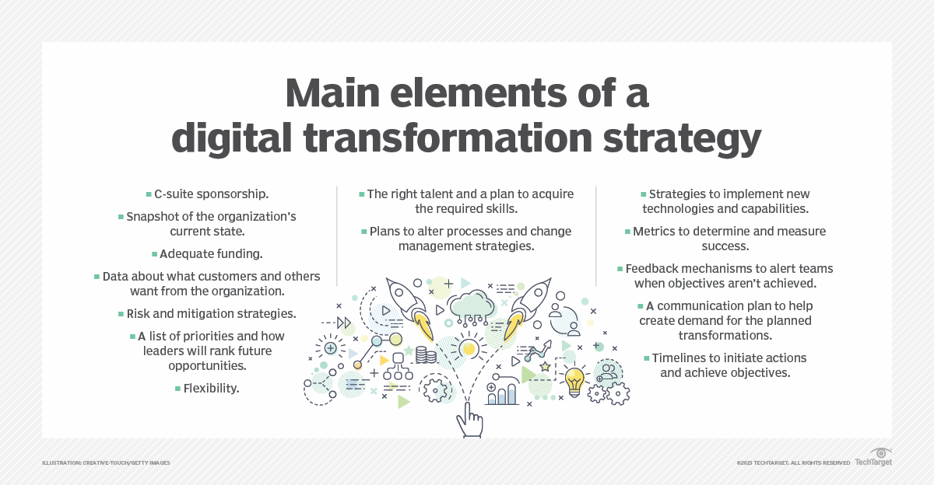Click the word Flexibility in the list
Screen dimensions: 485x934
(211, 388)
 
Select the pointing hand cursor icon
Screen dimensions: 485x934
(469, 420)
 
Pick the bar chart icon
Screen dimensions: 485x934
(502, 393)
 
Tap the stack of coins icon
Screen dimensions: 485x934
(426, 356)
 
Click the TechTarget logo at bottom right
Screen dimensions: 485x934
(873, 459)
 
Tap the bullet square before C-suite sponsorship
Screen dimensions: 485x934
(148, 194)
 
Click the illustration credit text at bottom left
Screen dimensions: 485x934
(106, 463)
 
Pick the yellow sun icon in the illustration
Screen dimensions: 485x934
(468, 349)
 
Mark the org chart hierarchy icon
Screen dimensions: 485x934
(398, 366)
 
